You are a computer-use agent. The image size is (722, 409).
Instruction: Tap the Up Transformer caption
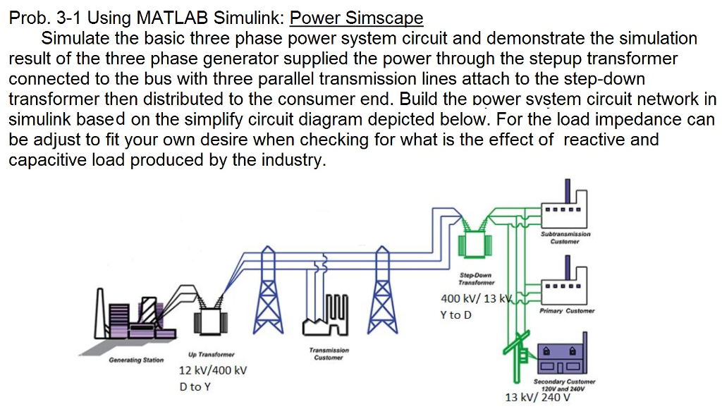point(211,354)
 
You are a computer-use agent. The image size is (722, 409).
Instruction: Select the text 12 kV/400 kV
point(212,371)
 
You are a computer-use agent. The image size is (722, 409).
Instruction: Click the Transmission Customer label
point(329,353)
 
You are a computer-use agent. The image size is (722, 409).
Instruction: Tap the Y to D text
point(456,315)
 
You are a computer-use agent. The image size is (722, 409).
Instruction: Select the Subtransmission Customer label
point(565,238)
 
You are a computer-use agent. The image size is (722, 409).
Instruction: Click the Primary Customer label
point(567,311)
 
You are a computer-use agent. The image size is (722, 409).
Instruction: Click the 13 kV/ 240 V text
point(537,397)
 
